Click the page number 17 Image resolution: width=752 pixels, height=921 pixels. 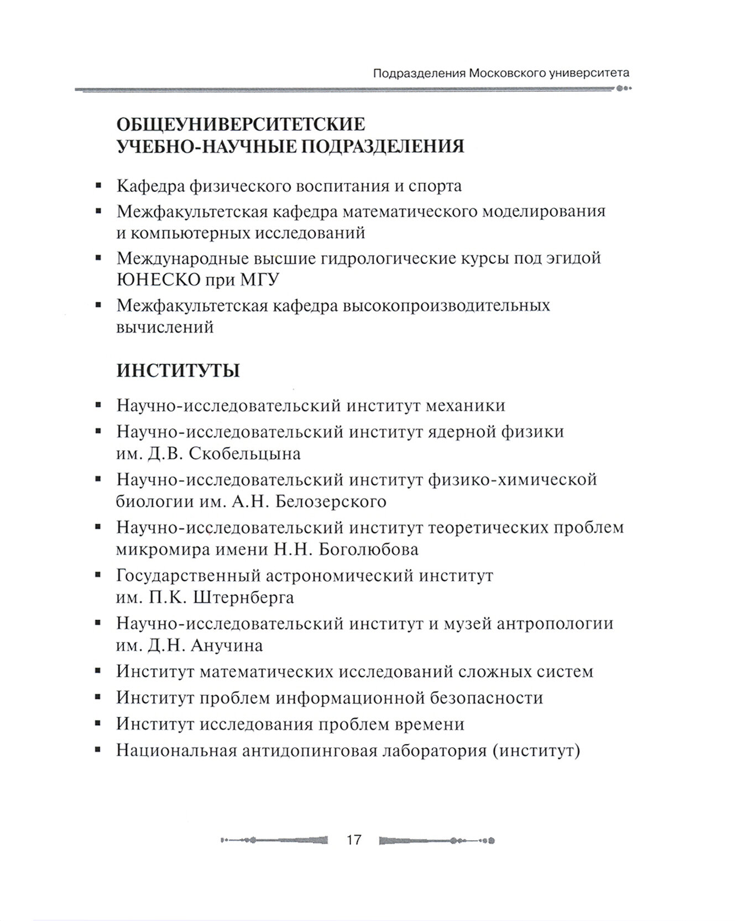coord(354,840)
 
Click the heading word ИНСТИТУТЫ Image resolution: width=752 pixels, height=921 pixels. coord(178,371)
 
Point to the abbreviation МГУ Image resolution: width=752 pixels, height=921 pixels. coord(259,280)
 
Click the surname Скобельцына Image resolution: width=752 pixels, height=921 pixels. coord(245,454)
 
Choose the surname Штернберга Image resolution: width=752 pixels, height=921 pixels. coord(242,598)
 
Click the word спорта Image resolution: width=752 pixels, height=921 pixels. coord(435,186)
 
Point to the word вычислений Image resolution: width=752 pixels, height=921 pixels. coord(165,327)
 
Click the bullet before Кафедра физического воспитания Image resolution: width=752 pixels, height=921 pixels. coord(98,186)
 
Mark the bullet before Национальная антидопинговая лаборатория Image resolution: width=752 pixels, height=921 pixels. coord(98,751)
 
